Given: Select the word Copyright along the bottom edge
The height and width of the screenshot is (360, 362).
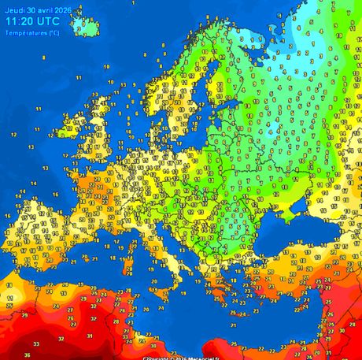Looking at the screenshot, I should tap(158, 357).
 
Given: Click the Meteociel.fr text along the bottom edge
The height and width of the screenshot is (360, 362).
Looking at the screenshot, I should tap(207, 357).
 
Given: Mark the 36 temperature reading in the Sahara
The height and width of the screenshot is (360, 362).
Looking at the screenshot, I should tap(28, 354).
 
